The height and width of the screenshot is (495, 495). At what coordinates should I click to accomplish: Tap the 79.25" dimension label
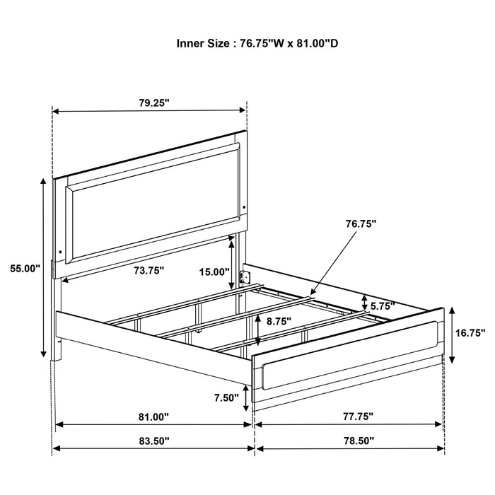pyautogui.click(x=154, y=103)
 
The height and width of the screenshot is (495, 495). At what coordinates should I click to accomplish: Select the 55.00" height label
pyautogui.click(x=25, y=269)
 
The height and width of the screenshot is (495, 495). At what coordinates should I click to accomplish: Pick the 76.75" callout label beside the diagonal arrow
pyautogui.click(x=361, y=223)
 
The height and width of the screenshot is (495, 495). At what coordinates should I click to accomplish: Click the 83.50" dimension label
pyautogui.click(x=153, y=440)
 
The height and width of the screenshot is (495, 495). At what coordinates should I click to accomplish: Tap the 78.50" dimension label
pyautogui.click(x=351, y=440)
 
